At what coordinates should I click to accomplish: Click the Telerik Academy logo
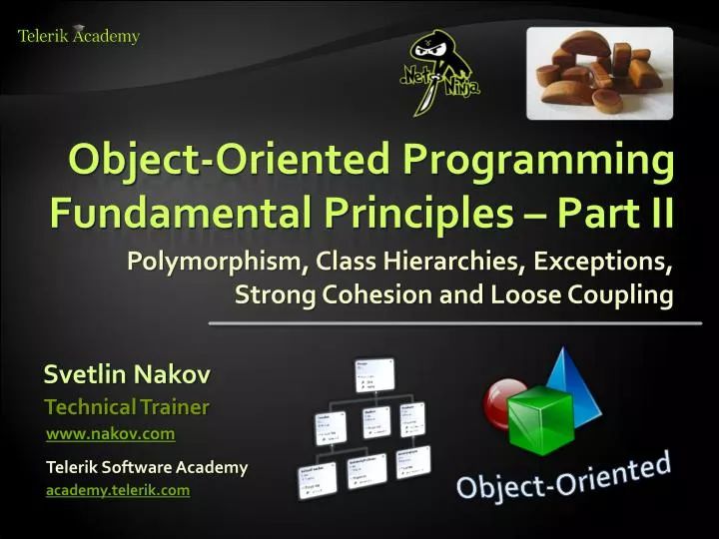point(78,36)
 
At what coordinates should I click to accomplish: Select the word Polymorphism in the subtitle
point(216,263)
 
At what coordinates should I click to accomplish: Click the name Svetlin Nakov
point(127,375)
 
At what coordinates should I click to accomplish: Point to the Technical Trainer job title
point(127,406)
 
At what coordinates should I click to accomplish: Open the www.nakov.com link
point(111,433)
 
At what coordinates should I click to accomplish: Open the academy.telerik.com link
point(118,490)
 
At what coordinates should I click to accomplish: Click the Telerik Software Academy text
point(147,467)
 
